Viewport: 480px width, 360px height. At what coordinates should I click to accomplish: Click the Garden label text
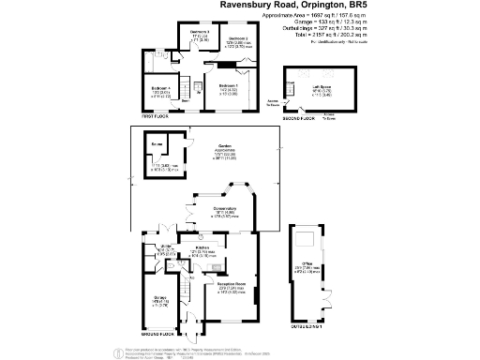225,146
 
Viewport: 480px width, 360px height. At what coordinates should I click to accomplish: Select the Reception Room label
232,285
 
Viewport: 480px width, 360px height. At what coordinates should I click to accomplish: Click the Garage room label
159,299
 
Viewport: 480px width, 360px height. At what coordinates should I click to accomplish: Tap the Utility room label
167,247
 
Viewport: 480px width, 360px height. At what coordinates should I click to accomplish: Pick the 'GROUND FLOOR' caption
154,334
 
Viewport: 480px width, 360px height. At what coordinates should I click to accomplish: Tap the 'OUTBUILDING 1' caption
305,326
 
